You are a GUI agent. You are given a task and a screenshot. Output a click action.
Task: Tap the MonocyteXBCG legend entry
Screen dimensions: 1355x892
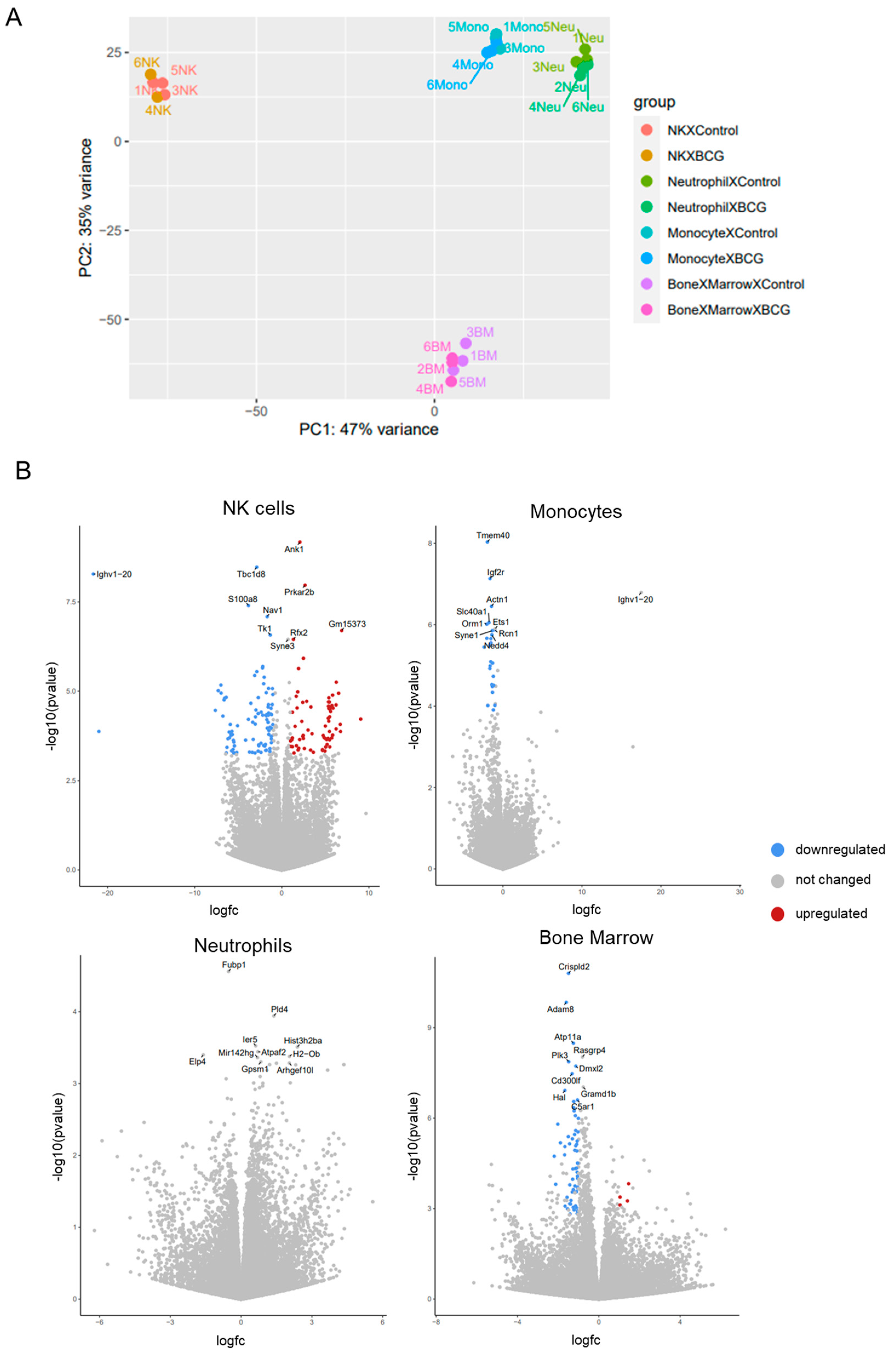coord(715,259)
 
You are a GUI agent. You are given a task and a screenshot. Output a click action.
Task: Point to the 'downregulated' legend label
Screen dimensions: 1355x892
coord(840,849)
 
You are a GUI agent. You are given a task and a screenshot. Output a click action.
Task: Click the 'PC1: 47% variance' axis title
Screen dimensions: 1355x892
coord(368,429)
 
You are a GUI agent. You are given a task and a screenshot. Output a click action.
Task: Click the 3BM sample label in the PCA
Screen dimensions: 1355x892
coord(480,332)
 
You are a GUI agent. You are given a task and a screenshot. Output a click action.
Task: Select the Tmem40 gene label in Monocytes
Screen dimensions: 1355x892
coord(493,535)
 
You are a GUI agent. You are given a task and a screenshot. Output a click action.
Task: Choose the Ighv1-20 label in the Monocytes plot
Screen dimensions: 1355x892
coord(635,599)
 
